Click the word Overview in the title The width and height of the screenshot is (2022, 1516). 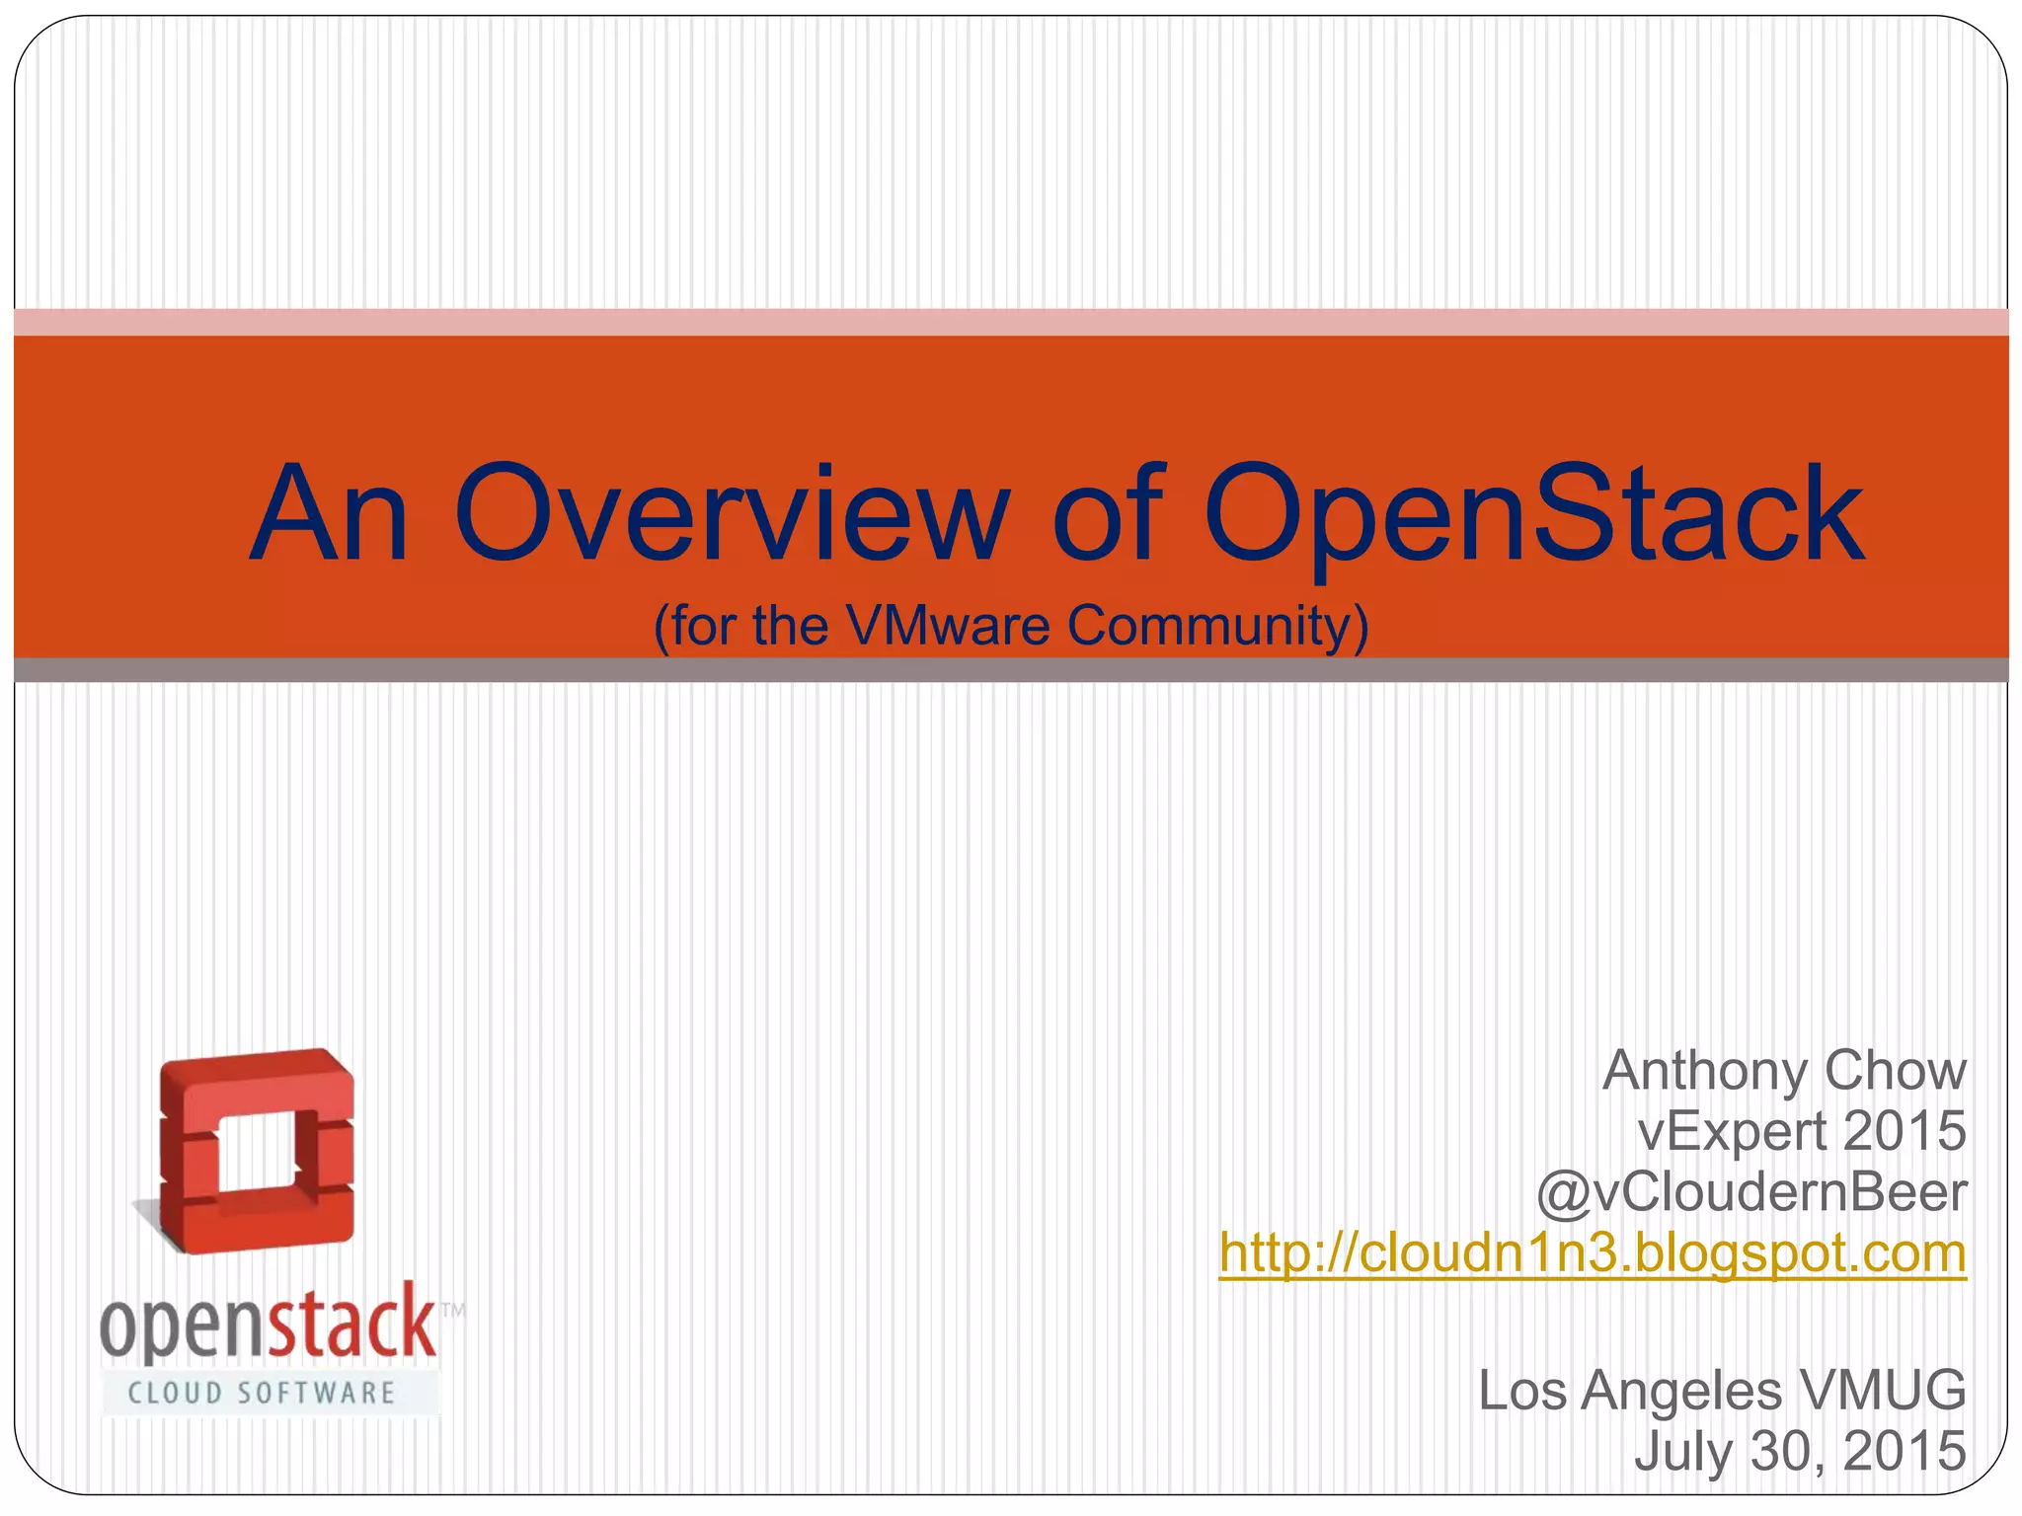[731, 515]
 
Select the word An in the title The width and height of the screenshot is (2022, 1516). [329, 515]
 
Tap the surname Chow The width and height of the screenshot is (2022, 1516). [1895, 1071]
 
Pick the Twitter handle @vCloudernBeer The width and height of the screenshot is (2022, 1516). [1750, 1192]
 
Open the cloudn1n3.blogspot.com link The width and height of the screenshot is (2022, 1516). [1592, 1253]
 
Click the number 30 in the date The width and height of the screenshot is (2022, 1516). [1784, 1452]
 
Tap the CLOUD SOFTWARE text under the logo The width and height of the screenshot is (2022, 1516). [262, 1393]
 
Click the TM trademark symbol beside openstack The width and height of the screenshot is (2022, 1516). [452, 1311]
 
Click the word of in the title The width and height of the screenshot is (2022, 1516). [1109, 515]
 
